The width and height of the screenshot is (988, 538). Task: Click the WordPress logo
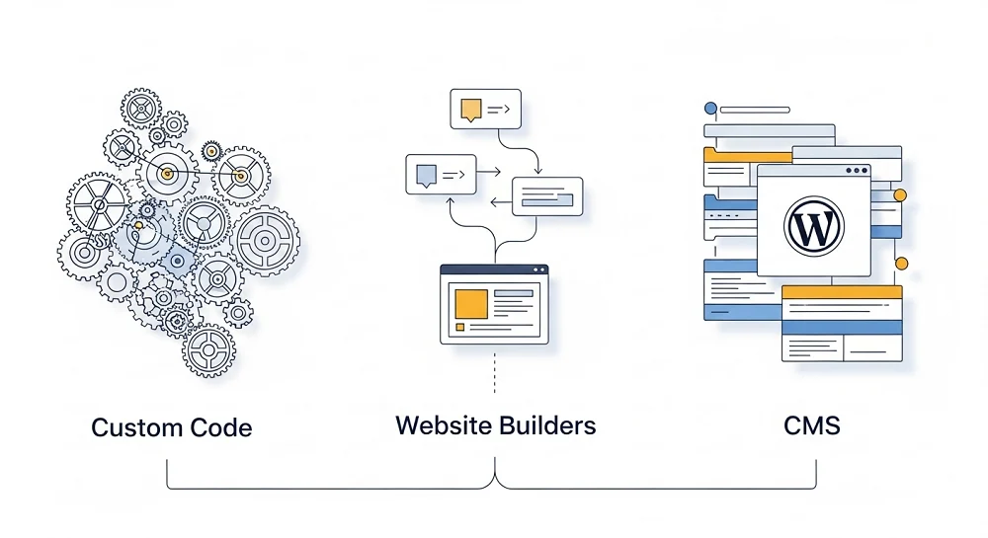pyautogui.click(x=813, y=224)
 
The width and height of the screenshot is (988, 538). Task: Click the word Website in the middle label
pyautogui.click(x=444, y=425)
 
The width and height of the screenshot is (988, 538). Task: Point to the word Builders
pyautogui.click(x=548, y=425)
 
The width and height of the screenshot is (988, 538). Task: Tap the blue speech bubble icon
pyautogui.click(x=426, y=176)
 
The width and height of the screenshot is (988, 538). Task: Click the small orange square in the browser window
pyautogui.click(x=460, y=327)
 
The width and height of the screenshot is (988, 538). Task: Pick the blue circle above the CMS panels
pyautogui.click(x=709, y=109)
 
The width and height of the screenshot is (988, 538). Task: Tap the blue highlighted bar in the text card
pyautogui.click(x=547, y=201)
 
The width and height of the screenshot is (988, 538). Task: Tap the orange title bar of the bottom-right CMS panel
pyautogui.click(x=842, y=292)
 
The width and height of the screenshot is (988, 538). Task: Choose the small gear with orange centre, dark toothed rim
pyautogui.click(x=210, y=151)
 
